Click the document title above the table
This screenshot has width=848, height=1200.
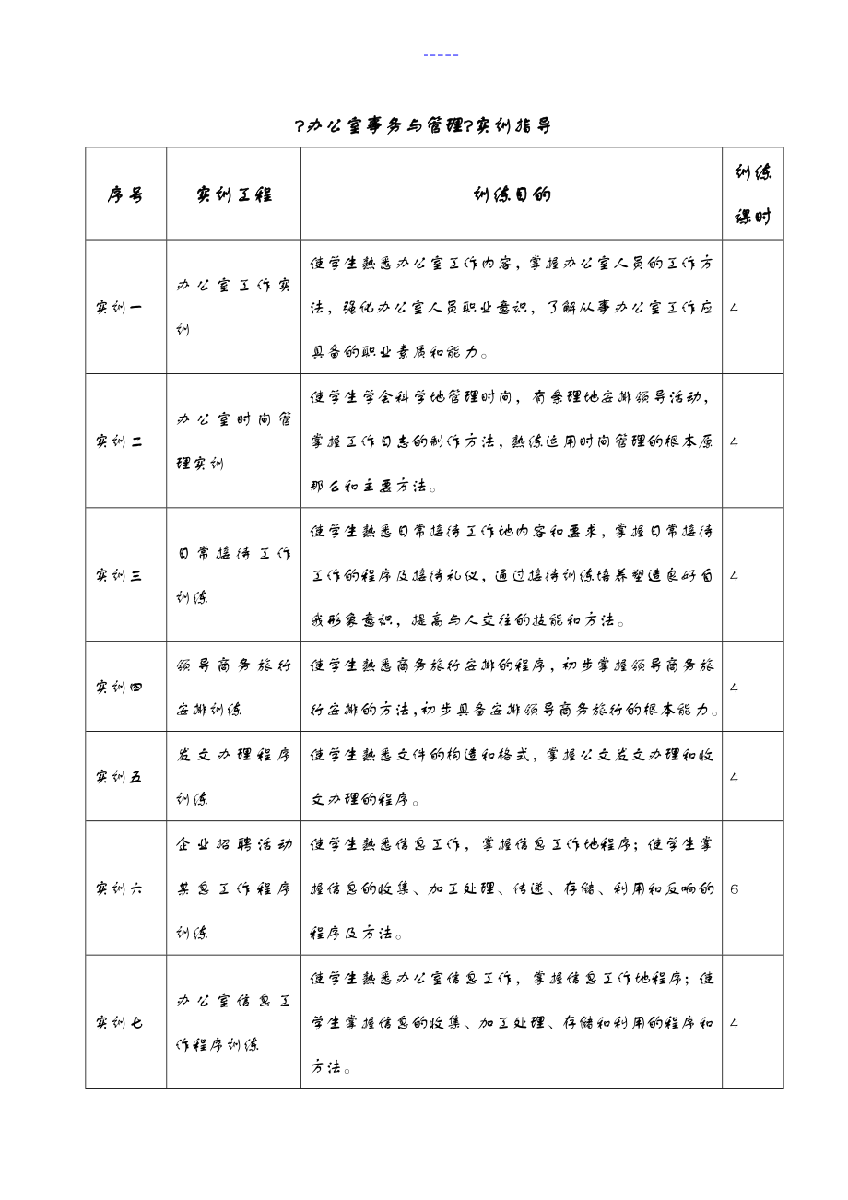(423, 126)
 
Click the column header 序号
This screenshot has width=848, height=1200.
(125, 194)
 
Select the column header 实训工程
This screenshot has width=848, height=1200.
(233, 194)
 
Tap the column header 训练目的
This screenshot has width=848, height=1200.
(511, 194)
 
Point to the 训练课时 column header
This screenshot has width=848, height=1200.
(752, 194)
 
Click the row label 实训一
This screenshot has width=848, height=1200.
(119, 307)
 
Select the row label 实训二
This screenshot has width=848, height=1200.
(119, 441)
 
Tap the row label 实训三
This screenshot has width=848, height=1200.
(119, 576)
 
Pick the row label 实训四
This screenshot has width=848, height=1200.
(119, 688)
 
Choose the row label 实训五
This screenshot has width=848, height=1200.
(119, 777)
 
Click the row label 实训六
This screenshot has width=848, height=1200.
(119, 888)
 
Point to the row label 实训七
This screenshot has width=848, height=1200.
(119, 1022)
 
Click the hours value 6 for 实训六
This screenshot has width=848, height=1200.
(734, 889)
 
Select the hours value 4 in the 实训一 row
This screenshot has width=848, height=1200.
(734, 308)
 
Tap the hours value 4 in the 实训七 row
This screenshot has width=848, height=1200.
(734, 1023)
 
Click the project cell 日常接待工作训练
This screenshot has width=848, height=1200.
(233, 576)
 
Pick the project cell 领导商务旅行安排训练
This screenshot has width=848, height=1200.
(233, 688)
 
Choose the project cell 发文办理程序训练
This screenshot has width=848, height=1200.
(233, 777)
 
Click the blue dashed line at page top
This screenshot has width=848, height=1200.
(441, 55)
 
